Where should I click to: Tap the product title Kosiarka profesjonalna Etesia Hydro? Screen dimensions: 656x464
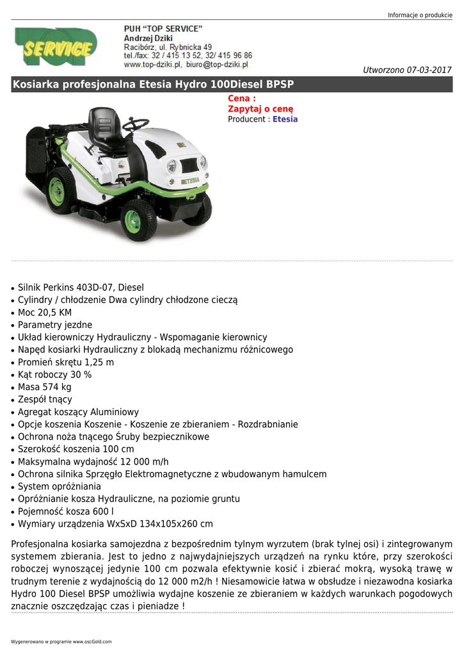click(153, 85)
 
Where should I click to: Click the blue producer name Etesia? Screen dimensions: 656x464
click(285, 119)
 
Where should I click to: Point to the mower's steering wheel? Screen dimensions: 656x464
click(136, 124)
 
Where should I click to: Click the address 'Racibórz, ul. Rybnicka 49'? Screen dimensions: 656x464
click(168, 47)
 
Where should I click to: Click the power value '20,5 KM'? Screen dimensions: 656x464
click(56, 312)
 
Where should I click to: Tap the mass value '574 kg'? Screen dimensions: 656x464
click(57, 387)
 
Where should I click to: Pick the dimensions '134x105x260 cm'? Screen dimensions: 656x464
click(177, 523)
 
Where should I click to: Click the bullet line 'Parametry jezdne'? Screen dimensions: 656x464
click(55, 325)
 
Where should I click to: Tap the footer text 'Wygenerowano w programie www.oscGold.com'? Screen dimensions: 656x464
click(61, 641)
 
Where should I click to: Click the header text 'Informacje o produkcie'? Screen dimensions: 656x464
click(420, 15)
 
